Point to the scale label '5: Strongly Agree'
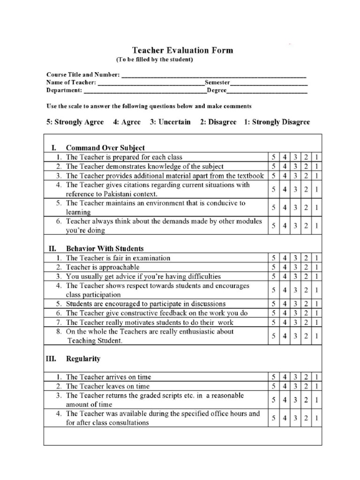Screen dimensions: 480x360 point(75,122)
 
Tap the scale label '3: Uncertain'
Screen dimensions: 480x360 point(170,122)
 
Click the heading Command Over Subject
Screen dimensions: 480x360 point(105,148)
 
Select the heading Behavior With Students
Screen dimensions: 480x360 point(105,248)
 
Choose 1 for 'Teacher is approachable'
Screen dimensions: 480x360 point(317,267)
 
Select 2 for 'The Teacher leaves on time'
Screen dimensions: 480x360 point(306,386)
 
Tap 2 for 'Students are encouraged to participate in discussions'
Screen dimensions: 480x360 point(306,304)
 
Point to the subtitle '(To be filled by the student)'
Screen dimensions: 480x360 point(155,60)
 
